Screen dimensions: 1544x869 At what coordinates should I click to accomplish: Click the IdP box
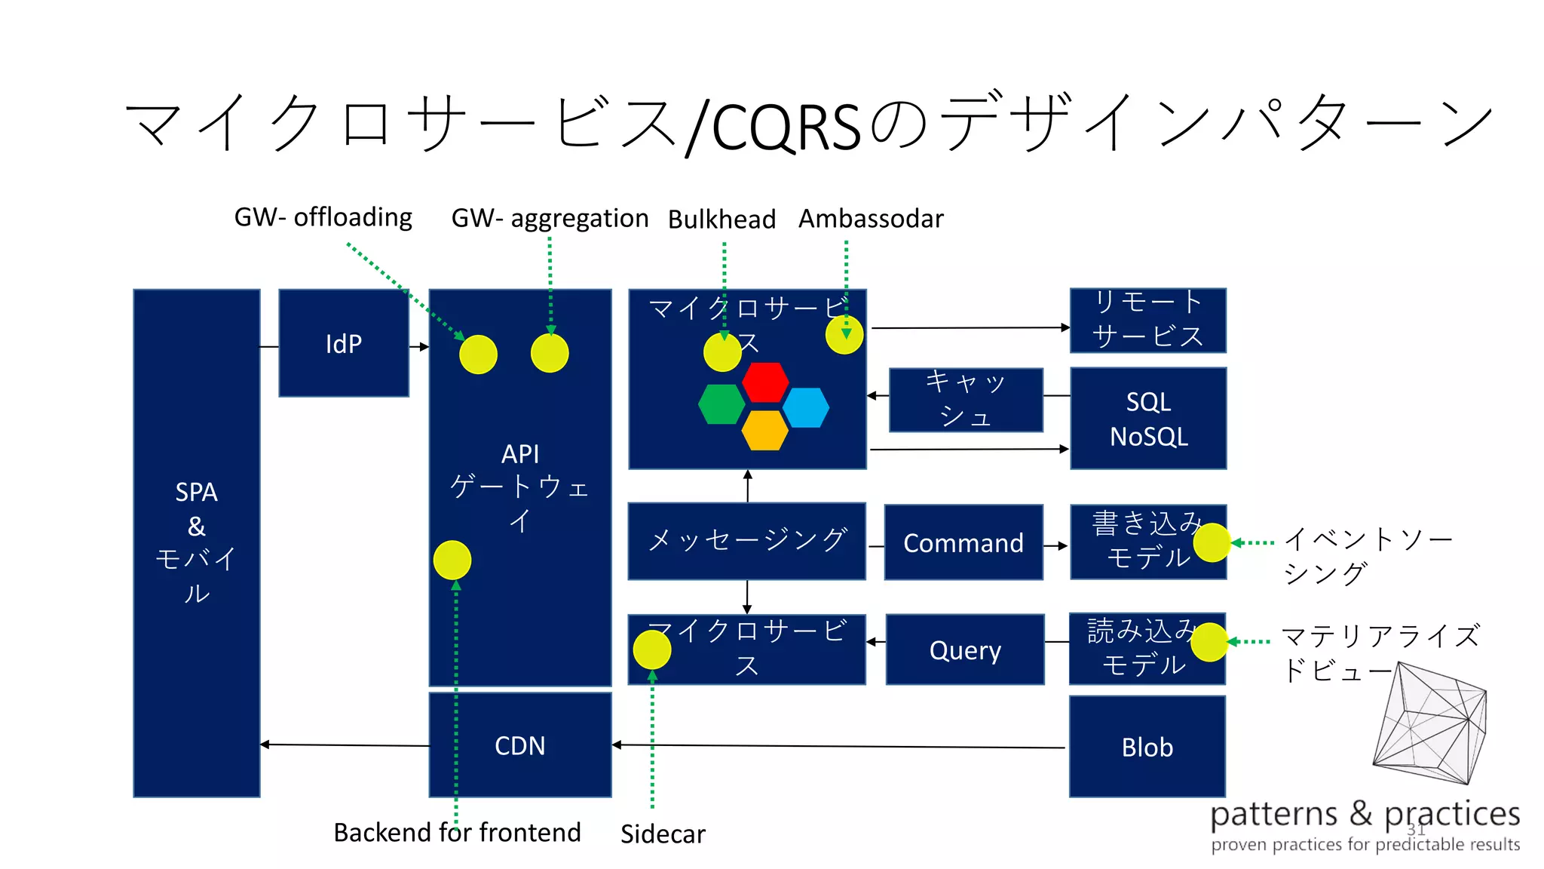pos(344,343)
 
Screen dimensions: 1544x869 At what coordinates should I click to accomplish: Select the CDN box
pos(519,745)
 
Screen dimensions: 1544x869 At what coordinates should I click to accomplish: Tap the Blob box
pos(1147,747)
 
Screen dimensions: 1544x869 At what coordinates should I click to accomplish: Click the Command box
pos(963,542)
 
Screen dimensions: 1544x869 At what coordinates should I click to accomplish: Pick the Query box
pos(964,649)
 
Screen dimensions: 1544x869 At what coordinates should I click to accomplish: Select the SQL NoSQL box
pos(1147,419)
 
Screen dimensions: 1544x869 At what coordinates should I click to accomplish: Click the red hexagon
pos(764,382)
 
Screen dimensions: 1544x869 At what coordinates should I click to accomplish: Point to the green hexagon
pos(721,405)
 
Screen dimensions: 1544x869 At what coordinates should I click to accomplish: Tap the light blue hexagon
pos(806,407)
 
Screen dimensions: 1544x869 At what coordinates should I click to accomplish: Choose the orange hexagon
pos(764,430)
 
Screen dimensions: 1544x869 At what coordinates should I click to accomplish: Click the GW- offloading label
pos(323,217)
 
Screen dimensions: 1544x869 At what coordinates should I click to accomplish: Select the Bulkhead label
pos(721,220)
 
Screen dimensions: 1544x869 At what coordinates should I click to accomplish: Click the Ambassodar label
pos(870,219)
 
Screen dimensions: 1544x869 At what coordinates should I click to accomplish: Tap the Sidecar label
pos(663,834)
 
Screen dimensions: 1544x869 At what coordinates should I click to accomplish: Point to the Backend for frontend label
pos(457,832)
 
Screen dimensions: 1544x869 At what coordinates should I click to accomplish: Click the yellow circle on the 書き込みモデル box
pos(1212,542)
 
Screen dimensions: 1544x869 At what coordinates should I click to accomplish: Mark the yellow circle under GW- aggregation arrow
pos(550,353)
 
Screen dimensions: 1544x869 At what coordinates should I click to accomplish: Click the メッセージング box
pos(746,541)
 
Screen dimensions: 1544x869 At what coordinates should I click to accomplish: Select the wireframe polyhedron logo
pos(1429,723)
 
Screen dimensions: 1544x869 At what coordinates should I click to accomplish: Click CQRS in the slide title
pos(786,127)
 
